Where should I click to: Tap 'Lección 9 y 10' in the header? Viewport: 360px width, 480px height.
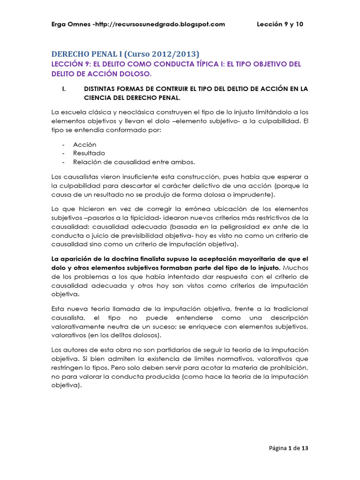[280, 24]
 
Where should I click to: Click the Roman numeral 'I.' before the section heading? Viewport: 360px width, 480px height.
[64, 88]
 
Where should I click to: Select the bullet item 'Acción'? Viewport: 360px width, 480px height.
[85, 145]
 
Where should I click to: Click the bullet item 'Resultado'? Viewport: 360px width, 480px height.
[89, 153]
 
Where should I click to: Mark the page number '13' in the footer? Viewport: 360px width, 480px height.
[305, 448]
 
